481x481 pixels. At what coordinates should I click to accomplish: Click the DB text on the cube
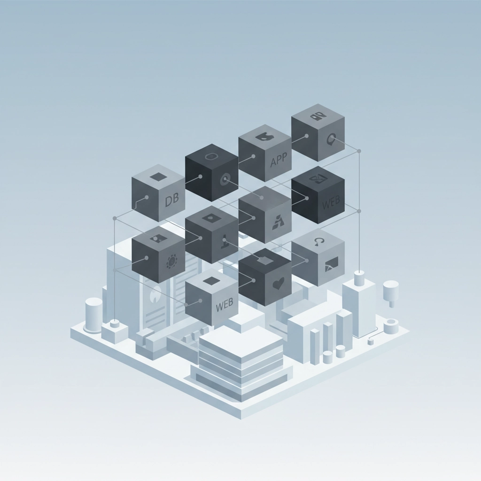(x=171, y=200)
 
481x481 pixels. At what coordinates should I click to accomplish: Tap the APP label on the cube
(x=279, y=160)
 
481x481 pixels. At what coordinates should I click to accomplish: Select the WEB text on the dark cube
(x=331, y=202)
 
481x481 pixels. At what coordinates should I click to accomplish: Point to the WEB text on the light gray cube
(x=225, y=305)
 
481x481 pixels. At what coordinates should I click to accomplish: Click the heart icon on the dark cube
(x=278, y=283)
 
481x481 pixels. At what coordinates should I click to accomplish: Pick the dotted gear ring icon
(x=172, y=262)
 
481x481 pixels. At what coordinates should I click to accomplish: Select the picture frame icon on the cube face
(x=331, y=264)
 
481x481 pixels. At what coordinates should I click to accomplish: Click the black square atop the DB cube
(x=158, y=177)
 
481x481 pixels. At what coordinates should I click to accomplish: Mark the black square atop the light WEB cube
(x=211, y=280)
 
